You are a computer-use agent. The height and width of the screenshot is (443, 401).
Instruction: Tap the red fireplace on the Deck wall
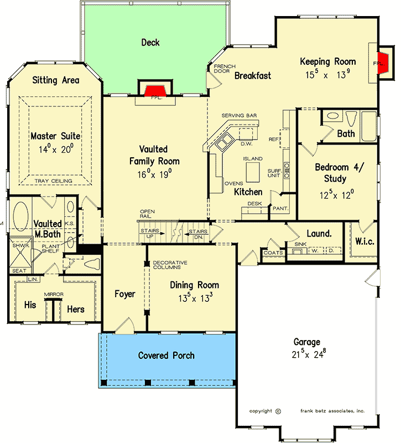coord(154,91)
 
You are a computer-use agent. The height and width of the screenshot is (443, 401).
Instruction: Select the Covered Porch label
coord(166,355)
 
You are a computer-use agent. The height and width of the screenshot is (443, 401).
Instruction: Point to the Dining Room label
coord(194,285)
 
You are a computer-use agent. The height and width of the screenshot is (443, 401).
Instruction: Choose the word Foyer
coord(125,294)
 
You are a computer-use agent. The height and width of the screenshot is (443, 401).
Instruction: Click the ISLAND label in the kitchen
coord(252,159)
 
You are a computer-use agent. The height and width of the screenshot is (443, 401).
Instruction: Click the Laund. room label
coord(319,234)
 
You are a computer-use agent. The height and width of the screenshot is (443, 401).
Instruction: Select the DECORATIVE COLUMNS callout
coord(170,265)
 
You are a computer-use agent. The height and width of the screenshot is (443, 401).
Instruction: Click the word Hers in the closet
coord(76,309)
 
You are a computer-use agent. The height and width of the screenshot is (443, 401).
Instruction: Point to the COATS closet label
coord(273,253)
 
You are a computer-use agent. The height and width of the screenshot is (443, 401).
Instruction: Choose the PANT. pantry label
coord(277,209)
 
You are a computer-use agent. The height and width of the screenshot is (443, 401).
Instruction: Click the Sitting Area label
coord(55,80)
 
